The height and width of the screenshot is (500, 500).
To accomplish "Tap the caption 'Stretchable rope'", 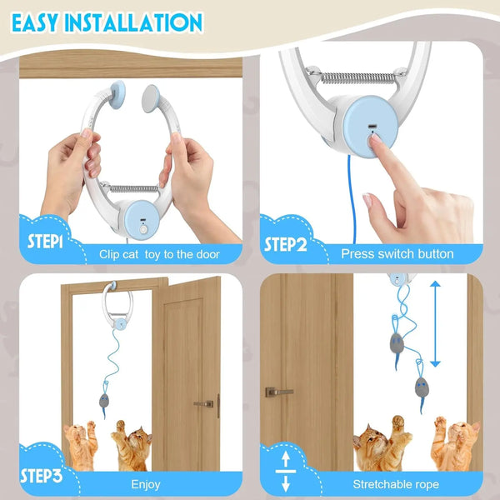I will [403, 484].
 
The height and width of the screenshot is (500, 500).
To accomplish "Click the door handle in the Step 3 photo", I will [202, 403].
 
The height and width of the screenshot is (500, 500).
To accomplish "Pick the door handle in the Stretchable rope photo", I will [278, 392].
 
